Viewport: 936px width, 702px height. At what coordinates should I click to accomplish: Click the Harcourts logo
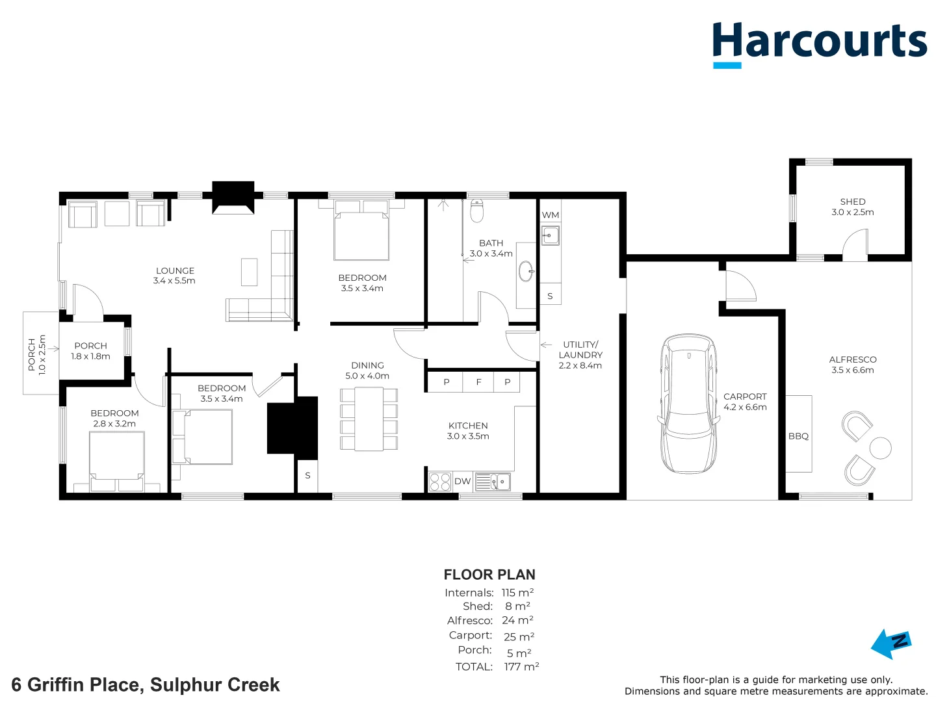(819, 43)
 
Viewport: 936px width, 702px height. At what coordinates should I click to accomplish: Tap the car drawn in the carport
(689, 404)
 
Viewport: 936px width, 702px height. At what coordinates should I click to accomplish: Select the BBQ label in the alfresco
(798, 436)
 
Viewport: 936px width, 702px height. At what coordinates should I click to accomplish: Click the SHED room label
(852, 201)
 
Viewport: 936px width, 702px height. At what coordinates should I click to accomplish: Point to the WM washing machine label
(550, 215)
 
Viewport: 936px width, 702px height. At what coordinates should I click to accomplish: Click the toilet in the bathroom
(477, 210)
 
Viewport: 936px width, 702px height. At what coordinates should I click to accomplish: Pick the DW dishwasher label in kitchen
(462, 482)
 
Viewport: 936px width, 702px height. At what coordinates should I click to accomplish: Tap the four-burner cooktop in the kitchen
(440, 482)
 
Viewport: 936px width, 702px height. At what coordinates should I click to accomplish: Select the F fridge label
(478, 382)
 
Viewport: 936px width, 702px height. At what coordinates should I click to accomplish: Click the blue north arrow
(890, 643)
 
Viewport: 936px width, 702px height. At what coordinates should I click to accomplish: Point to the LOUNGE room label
(175, 270)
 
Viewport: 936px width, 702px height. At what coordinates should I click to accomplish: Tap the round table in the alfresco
(880, 448)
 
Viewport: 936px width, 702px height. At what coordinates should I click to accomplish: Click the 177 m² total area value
(521, 667)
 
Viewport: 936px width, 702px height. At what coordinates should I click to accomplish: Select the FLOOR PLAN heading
(489, 575)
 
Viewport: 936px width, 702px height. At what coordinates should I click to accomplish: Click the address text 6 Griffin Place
(146, 684)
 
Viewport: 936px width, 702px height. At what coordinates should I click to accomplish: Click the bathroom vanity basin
(526, 272)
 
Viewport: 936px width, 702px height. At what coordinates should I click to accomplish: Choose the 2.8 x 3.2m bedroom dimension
(114, 424)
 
